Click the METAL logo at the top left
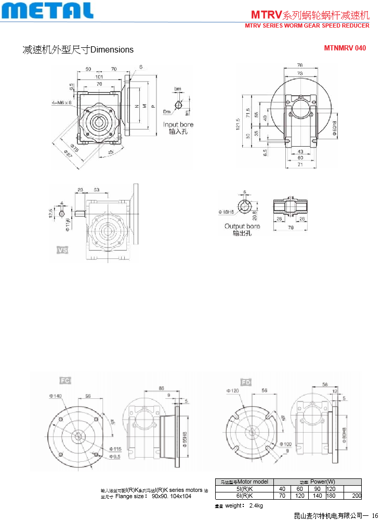click(47, 10)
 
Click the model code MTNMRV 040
click(345, 48)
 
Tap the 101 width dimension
click(99, 77)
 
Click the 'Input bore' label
click(178, 124)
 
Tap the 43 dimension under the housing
click(300, 151)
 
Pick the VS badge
click(62, 250)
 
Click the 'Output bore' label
click(242, 226)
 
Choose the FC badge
click(65, 381)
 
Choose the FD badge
click(246, 383)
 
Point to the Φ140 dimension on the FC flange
click(56, 396)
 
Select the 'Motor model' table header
click(244, 482)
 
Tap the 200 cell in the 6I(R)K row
click(357, 496)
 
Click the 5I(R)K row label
click(244, 489)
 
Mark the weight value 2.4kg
click(256, 506)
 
